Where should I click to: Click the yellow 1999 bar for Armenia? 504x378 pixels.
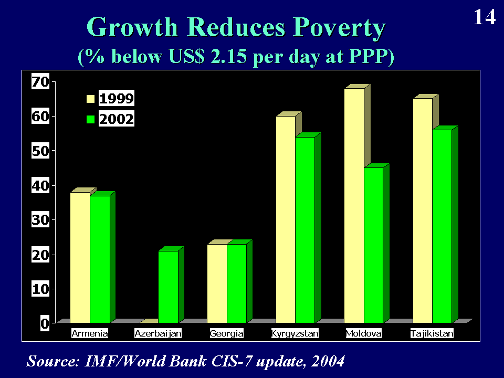point(80,257)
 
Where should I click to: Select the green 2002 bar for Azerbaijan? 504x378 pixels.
point(168,287)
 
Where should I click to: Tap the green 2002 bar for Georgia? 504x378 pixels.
point(236,283)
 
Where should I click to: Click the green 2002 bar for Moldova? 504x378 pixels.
point(373,245)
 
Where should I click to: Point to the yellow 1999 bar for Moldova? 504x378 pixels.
point(354,205)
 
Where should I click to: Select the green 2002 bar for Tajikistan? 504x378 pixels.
point(442,226)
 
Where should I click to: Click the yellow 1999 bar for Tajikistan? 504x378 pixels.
point(423,210)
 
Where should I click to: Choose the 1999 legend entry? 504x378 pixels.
point(111,98)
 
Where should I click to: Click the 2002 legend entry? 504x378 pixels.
point(111,120)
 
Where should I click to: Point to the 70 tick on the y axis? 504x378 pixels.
point(41,82)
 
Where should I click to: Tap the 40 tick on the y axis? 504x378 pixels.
point(41,185)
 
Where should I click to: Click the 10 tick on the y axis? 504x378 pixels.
point(41,289)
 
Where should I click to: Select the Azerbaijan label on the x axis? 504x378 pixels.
point(158,333)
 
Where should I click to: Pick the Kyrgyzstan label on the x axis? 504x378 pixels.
point(295,333)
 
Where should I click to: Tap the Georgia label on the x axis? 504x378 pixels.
point(226,333)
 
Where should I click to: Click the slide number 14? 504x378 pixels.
point(485,17)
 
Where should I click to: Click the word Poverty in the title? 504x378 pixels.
point(334,27)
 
